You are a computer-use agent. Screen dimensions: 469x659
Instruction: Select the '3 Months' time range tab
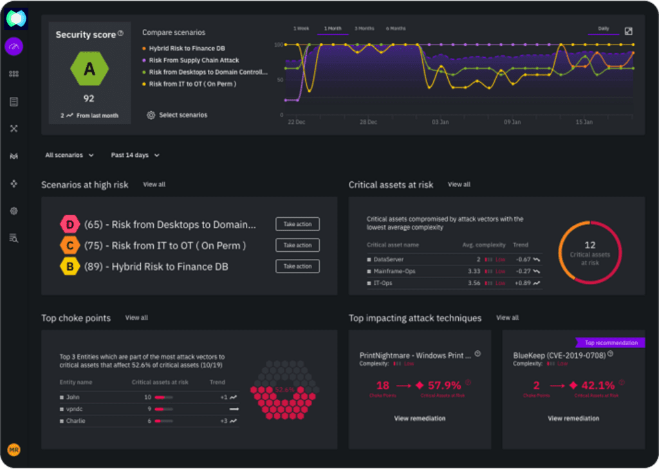(364, 29)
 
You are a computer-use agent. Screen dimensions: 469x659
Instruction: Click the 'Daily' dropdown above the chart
(604, 29)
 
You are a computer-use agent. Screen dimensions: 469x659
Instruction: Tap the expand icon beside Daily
(629, 31)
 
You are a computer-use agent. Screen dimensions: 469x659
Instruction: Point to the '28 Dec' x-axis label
(369, 121)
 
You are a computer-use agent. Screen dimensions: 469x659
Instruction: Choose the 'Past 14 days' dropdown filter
(135, 155)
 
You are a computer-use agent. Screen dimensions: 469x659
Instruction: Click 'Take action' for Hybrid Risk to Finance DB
(297, 266)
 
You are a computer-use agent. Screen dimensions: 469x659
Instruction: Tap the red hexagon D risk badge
(69, 225)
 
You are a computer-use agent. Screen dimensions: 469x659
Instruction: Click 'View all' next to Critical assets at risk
(459, 184)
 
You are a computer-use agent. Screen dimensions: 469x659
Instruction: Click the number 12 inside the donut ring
(589, 245)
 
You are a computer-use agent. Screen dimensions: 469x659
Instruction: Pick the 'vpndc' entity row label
(75, 409)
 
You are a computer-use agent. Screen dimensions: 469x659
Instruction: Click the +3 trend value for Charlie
(224, 421)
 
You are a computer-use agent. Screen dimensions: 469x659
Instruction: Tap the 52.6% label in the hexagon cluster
(284, 390)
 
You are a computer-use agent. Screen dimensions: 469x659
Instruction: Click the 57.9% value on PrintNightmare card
(444, 385)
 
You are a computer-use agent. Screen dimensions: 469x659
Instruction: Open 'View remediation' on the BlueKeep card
(573, 418)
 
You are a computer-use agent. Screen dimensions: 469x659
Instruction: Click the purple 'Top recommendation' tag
(611, 343)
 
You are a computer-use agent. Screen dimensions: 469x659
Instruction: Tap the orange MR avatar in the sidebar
(14, 450)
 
